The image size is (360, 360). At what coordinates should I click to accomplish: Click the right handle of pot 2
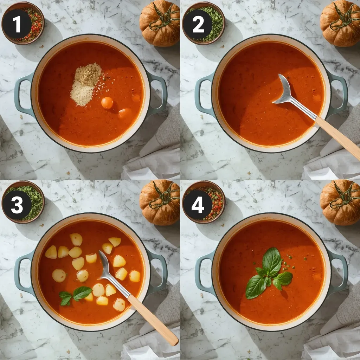point(338,93)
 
